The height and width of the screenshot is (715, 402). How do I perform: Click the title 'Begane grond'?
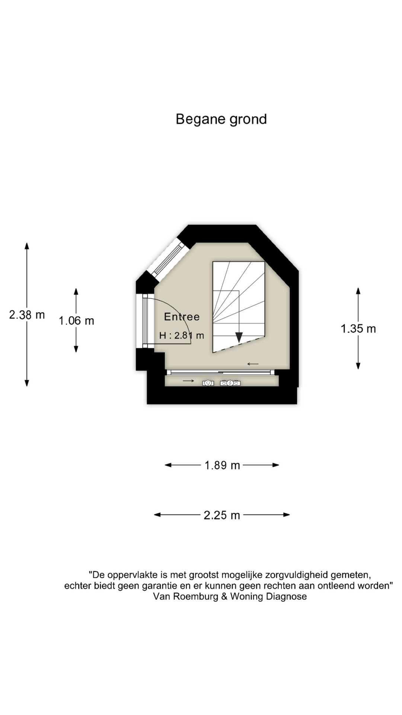pyautogui.click(x=221, y=120)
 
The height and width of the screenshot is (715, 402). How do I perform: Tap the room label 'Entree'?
pyautogui.click(x=182, y=317)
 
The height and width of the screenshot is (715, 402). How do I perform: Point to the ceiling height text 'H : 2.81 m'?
pyautogui.click(x=182, y=336)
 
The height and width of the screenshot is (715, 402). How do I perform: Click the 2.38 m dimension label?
pyautogui.click(x=27, y=315)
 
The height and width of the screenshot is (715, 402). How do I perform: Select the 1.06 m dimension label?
pyautogui.click(x=76, y=321)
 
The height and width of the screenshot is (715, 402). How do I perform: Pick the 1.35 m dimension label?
pyautogui.click(x=358, y=328)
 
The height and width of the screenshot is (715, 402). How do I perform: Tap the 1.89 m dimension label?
pyautogui.click(x=222, y=465)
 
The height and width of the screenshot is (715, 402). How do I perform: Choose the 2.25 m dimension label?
pyautogui.click(x=222, y=515)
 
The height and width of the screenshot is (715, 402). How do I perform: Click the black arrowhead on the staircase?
pyautogui.click(x=239, y=337)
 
